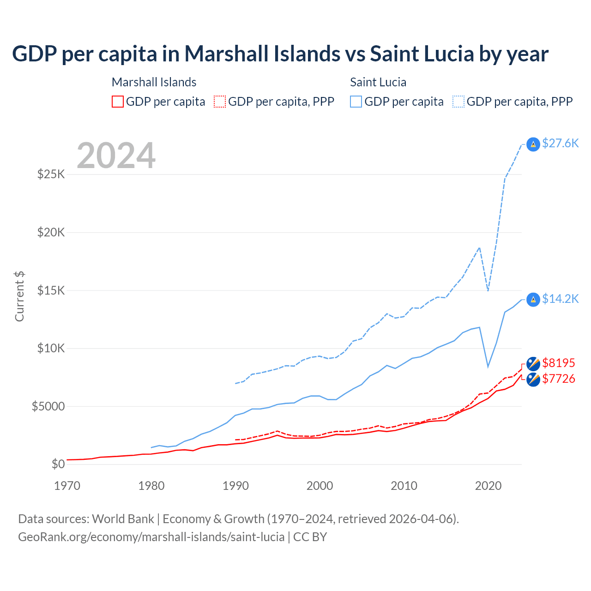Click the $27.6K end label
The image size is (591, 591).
(x=560, y=143)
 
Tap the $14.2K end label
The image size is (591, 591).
(x=560, y=299)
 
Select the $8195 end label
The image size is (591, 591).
(x=558, y=363)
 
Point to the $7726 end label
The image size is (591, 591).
(x=558, y=379)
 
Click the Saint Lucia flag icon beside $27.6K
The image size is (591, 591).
(x=533, y=145)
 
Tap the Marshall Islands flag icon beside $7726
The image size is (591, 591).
(x=533, y=380)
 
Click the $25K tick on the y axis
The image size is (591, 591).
(x=51, y=175)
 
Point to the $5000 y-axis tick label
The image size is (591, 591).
(x=48, y=406)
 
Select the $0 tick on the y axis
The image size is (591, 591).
(x=58, y=464)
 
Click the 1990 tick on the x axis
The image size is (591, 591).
(x=235, y=486)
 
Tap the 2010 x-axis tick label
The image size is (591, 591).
(x=404, y=486)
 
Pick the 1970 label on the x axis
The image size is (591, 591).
(x=67, y=486)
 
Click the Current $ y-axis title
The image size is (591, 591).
(x=19, y=296)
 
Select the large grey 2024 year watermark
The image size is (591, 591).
(x=116, y=156)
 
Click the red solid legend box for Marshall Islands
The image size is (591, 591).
(x=118, y=102)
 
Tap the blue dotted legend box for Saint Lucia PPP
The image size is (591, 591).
(x=458, y=102)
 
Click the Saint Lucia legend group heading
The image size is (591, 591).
(x=378, y=82)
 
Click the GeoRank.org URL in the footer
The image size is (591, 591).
(x=151, y=537)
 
